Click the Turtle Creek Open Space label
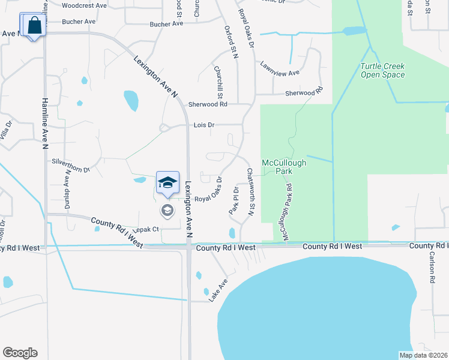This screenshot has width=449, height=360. click(382, 70)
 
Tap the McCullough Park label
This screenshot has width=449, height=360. click(284, 166)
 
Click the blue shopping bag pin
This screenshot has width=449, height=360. click(35, 26)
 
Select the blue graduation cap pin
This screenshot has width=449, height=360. click(167, 182)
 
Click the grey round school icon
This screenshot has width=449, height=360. click(167, 211)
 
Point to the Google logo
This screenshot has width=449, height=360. click(20, 353)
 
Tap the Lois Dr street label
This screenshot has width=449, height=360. click(204, 125)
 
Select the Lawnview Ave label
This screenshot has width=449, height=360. click(280, 73)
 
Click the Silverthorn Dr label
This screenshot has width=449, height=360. click(71, 166)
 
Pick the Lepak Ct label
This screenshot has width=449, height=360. click(146, 229)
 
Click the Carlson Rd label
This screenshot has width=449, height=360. click(431, 266)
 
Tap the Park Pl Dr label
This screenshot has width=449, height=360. click(234, 200)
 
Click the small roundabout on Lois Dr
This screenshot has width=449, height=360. click(164, 127)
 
